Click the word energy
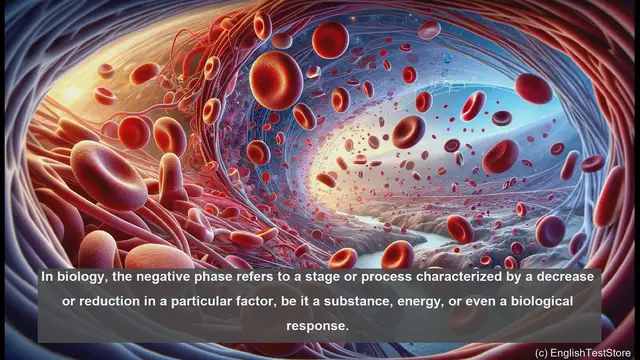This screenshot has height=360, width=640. pos(444,301)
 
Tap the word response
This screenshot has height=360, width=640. pos(319,326)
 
